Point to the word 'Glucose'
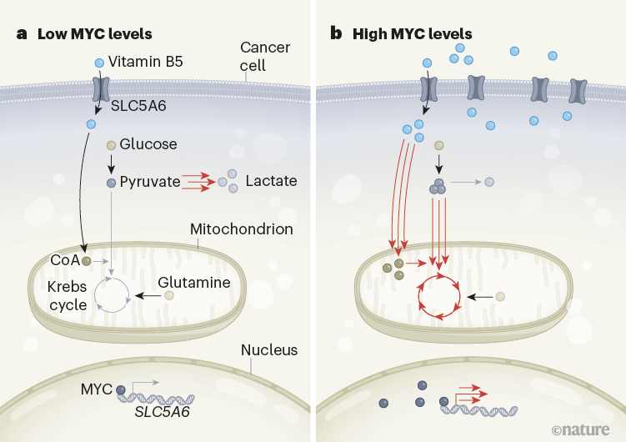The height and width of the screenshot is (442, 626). pyautogui.click(x=148, y=144)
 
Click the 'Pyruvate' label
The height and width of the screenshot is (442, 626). pyautogui.click(x=149, y=181)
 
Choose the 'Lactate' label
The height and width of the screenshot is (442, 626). pyautogui.click(x=271, y=181)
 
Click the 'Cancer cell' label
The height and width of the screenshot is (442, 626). pyautogui.click(x=264, y=56)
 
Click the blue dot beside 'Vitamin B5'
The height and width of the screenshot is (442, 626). pyautogui.click(x=99, y=63)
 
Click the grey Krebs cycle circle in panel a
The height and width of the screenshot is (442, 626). pyautogui.click(x=112, y=296)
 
